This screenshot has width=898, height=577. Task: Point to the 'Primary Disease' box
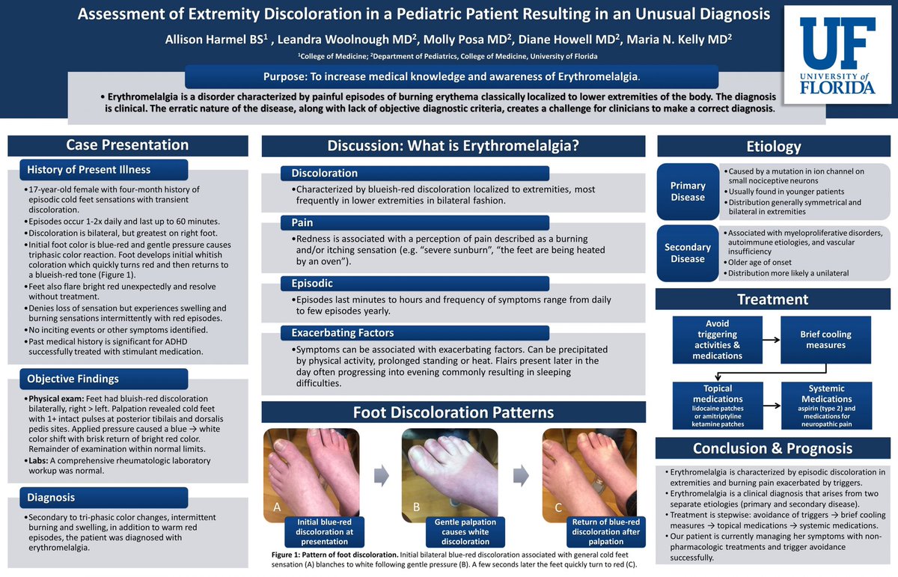click(688, 191)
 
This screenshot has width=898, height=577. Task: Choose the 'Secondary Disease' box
click(688, 253)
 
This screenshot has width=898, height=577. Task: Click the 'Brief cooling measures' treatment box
click(825, 340)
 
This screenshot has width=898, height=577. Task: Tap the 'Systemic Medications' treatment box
click(825, 405)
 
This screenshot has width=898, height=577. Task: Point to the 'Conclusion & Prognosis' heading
click(772, 448)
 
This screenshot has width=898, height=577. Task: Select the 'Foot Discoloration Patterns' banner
click(453, 412)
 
